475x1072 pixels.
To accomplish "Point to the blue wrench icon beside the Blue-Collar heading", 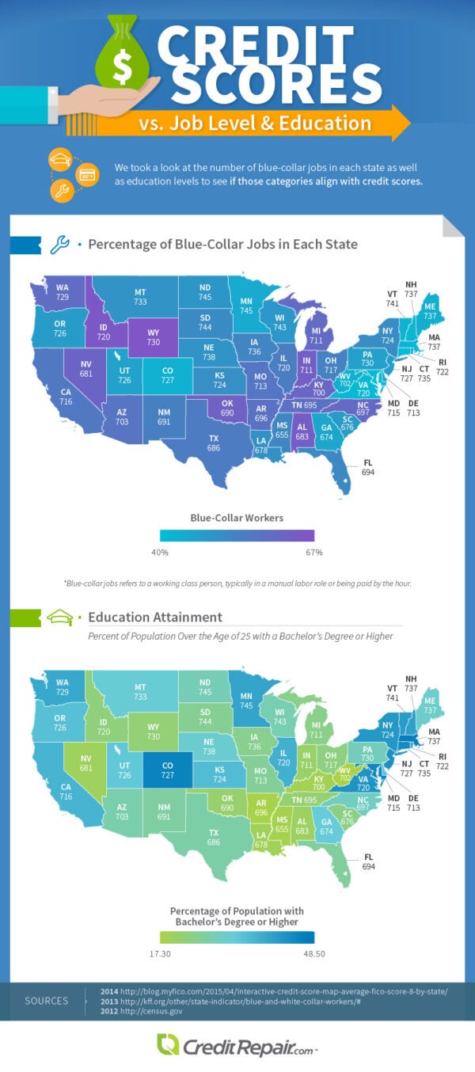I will [60, 245].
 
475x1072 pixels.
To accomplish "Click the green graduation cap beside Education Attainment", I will [60, 618].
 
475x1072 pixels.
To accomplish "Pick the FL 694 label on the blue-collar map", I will [368, 466].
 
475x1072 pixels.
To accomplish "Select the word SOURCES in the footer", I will [47, 1001].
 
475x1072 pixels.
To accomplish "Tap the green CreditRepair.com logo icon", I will [167, 1044].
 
